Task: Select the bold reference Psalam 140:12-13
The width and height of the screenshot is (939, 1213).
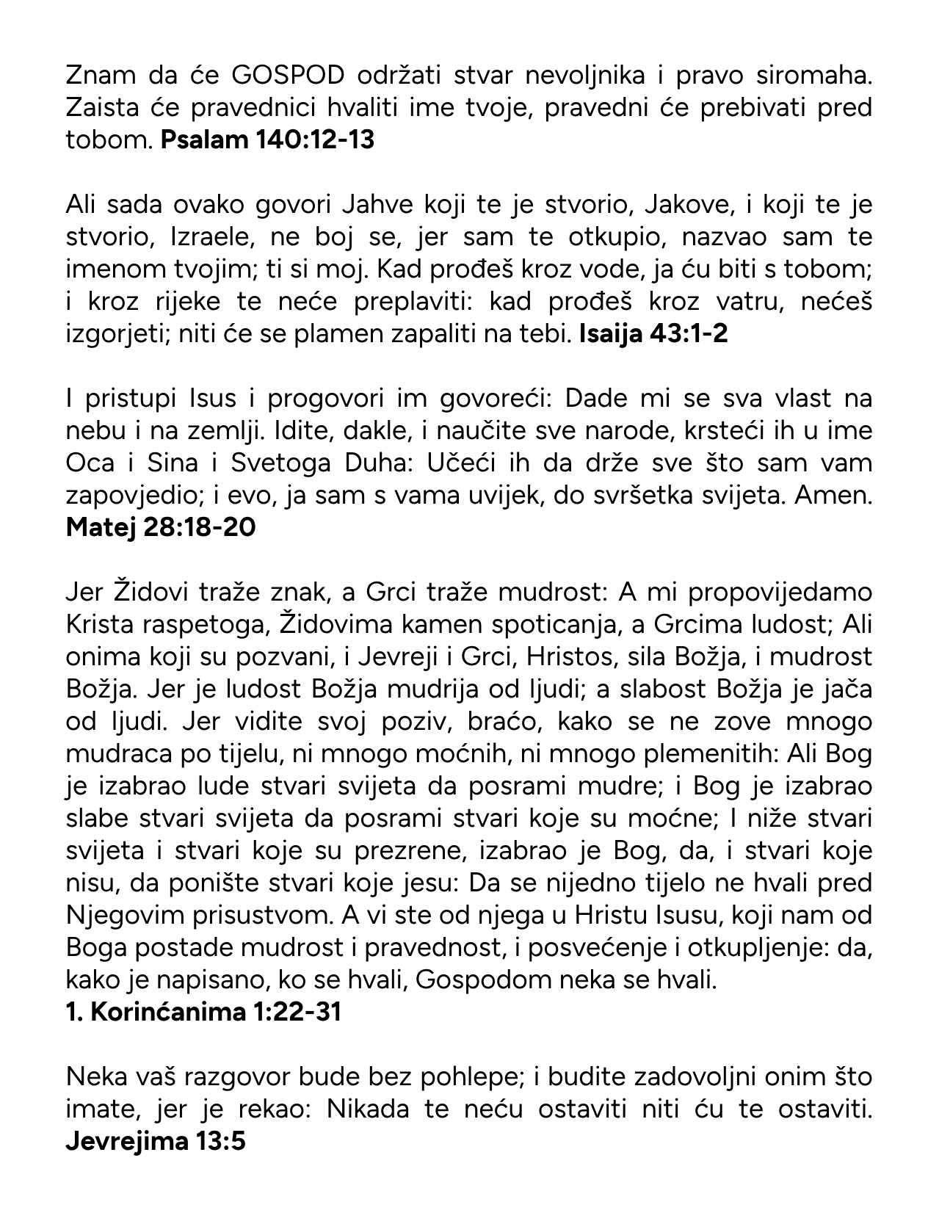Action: [267, 140]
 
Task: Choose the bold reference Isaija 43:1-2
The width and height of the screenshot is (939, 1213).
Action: [653, 333]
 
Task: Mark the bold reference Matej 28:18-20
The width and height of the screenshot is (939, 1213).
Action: [161, 527]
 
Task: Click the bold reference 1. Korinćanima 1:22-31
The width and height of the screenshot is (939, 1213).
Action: [203, 1012]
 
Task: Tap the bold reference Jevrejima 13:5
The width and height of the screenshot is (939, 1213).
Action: [156, 1141]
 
